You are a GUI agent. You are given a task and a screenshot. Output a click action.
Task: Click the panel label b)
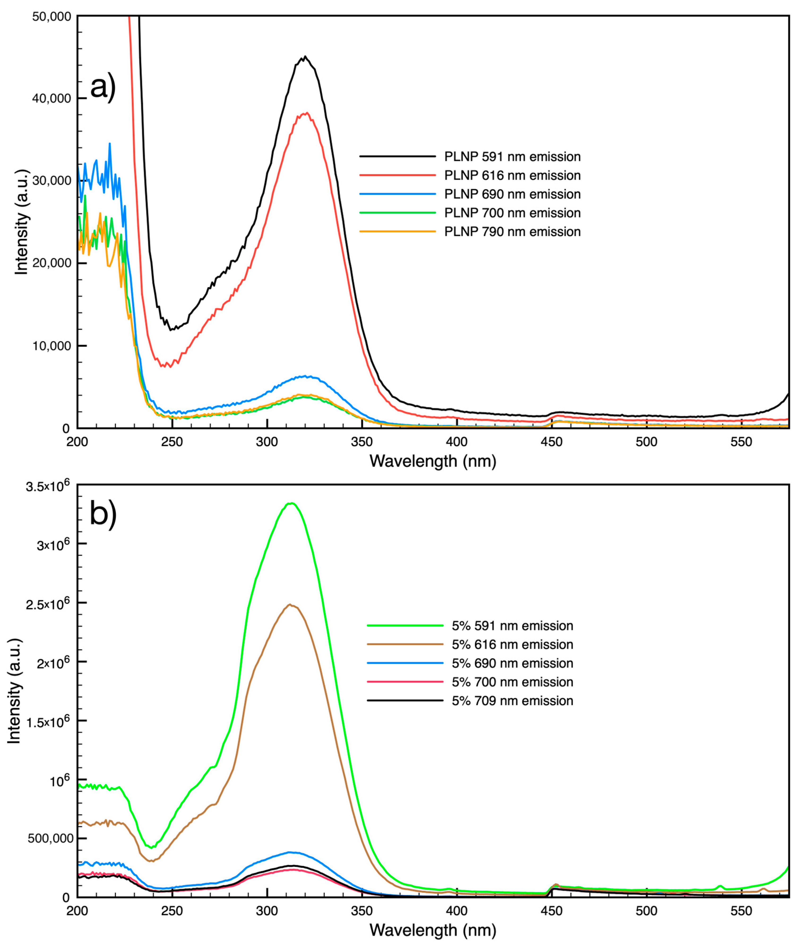(x=103, y=515)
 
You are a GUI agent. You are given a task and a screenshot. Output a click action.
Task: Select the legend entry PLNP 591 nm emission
(x=512, y=157)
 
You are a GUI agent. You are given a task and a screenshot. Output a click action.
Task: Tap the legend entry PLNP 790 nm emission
(x=512, y=232)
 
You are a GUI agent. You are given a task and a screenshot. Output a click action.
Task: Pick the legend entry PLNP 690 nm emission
(x=512, y=194)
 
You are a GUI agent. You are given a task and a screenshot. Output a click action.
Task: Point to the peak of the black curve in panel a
(x=305, y=57)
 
